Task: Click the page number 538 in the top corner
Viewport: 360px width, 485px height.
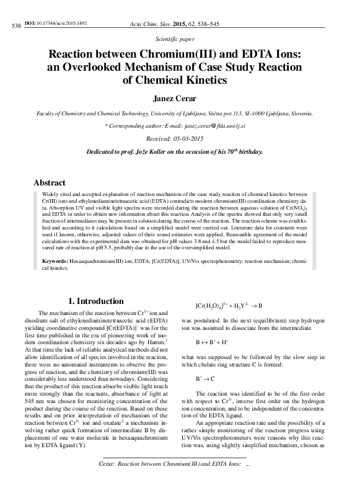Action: coord(16,25)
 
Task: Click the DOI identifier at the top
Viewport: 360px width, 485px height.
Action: coord(55,23)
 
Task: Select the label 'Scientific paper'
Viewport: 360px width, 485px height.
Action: coord(179,38)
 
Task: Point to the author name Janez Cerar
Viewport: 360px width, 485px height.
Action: coord(180,98)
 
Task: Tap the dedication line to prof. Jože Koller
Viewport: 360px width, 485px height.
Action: coord(179,152)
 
